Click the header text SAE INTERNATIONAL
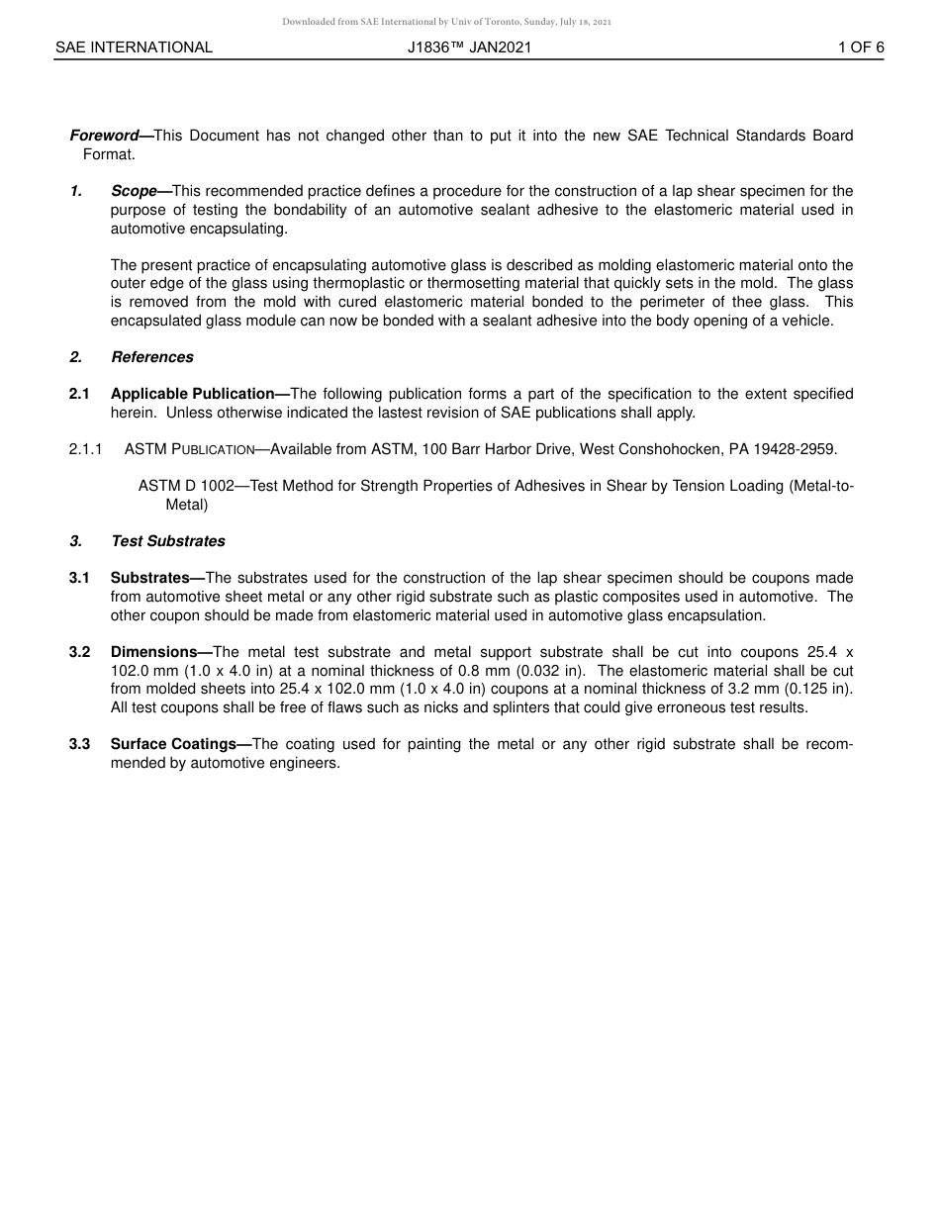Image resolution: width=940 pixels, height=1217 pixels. click(x=134, y=47)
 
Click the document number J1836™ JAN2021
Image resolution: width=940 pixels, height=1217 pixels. click(x=469, y=47)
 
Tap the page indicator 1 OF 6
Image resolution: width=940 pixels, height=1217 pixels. click(x=861, y=47)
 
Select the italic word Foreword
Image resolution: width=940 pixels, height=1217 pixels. click(x=104, y=136)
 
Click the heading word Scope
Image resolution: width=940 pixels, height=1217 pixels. click(x=134, y=191)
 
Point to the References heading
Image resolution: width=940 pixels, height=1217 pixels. click(x=152, y=357)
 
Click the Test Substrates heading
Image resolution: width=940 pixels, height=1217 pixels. click(x=168, y=541)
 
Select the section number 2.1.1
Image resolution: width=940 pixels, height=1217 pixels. click(x=86, y=449)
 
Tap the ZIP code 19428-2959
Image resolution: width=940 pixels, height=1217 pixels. click(x=797, y=449)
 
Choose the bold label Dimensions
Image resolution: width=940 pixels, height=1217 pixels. click(x=153, y=652)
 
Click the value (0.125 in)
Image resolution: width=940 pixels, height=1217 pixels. click(x=810, y=689)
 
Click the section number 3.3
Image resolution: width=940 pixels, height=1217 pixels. click(x=80, y=744)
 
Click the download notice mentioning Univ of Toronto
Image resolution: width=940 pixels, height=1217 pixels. click(x=447, y=22)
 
